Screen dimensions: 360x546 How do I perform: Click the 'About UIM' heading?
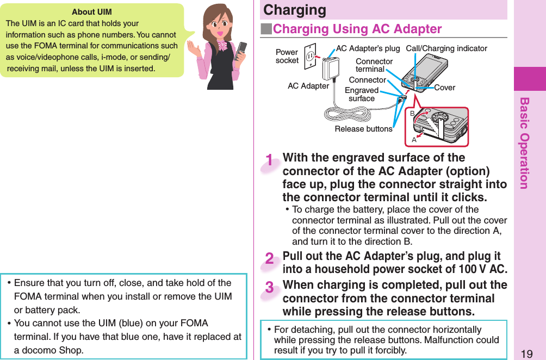(91, 12)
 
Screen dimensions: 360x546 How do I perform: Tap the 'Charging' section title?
(294, 10)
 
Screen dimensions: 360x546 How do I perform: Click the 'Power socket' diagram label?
(287, 57)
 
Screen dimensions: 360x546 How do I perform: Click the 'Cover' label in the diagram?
(445, 88)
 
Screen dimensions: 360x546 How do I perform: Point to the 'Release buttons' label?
(363, 129)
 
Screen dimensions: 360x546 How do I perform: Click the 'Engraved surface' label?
(362, 94)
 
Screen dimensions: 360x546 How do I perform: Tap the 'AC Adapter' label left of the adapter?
(308, 86)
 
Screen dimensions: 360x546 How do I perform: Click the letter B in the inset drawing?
(412, 113)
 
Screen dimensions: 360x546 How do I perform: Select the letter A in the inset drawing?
(414, 140)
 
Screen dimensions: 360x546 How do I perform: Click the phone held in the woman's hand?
(241, 54)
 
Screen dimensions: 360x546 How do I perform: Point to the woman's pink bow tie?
(222, 46)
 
